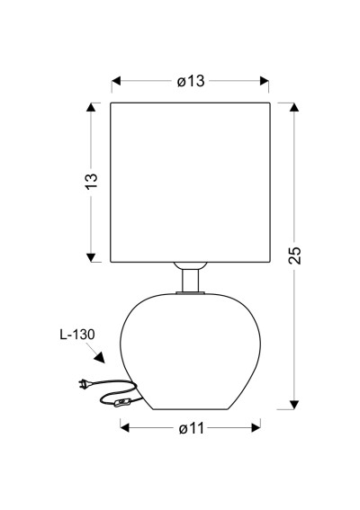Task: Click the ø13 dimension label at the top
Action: click(x=191, y=81)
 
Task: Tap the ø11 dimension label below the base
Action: click(x=192, y=428)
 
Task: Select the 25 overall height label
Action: click(x=295, y=255)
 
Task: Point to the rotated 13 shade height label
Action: click(x=92, y=181)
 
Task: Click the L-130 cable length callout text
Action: click(x=77, y=335)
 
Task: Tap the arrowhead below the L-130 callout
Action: click(x=100, y=357)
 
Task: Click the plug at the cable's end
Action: click(x=83, y=384)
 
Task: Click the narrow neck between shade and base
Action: click(x=190, y=281)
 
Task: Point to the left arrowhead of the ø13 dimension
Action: click(x=116, y=81)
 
